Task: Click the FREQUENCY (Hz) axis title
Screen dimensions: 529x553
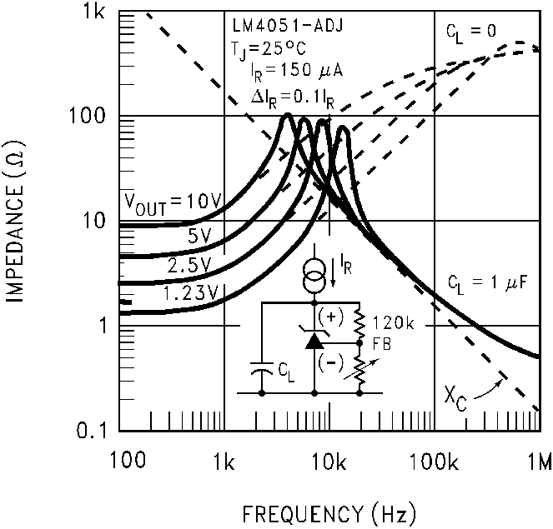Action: point(329,510)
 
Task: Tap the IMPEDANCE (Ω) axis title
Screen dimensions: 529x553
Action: point(18,222)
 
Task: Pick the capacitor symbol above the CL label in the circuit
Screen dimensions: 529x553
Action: point(262,367)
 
